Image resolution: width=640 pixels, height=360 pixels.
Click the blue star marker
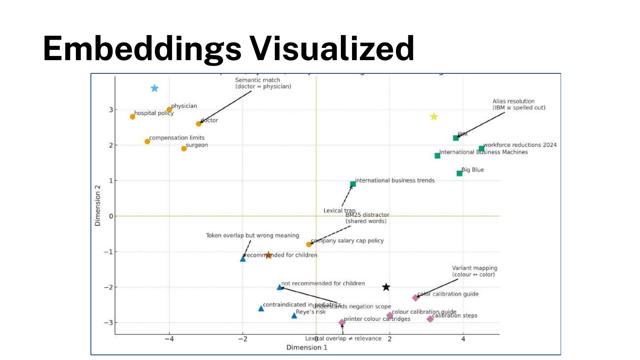click(x=154, y=88)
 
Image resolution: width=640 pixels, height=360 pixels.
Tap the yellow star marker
click(x=434, y=117)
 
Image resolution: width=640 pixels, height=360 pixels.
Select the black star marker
click(x=386, y=287)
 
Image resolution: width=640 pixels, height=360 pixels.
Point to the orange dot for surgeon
click(x=184, y=148)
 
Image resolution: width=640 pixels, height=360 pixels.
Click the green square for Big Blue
click(x=460, y=173)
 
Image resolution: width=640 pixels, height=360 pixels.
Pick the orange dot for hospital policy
click(x=133, y=116)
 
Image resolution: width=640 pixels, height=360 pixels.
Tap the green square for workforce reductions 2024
click(x=481, y=148)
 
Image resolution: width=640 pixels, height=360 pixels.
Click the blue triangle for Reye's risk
click(x=294, y=316)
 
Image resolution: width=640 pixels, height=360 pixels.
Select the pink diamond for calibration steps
click(x=430, y=319)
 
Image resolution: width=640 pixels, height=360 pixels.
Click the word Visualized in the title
click(x=332, y=48)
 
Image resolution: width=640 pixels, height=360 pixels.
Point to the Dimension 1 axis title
click(x=307, y=347)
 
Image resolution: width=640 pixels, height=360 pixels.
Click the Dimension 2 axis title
click(x=98, y=206)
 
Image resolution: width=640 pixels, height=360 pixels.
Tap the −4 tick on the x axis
click(x=169, y=339)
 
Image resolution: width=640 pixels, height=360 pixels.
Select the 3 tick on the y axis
click(x=111, y=110)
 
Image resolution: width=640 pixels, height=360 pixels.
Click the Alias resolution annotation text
click(x=519, y=105)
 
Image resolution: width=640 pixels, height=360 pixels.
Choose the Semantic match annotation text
click(x=263, y=83)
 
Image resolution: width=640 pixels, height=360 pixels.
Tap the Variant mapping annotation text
click(x=474, y=271)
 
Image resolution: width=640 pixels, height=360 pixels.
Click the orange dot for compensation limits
click(x=147, y=141)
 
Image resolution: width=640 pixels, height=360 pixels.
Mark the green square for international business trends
click(x=353, y=184)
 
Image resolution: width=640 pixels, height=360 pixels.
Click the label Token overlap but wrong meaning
click(x=252, y=235)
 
